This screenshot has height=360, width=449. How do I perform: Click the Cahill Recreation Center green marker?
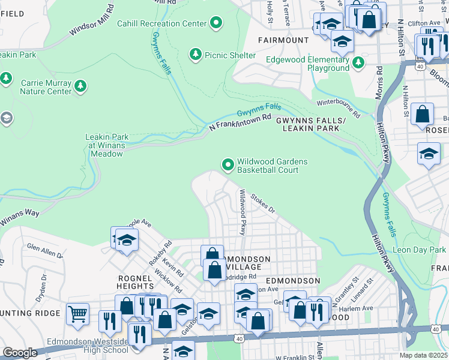217,24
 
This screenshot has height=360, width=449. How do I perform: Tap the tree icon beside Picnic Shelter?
195,55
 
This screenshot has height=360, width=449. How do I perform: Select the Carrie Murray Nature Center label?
46,87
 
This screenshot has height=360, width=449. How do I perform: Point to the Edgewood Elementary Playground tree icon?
358,63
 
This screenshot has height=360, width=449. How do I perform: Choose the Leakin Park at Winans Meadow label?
104,145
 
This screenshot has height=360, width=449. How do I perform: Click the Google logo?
20,352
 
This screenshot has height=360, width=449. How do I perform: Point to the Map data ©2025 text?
423,355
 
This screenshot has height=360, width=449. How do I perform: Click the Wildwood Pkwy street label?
243,212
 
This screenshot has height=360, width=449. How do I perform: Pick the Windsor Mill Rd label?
92,22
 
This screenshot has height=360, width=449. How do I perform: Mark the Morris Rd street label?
379,77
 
